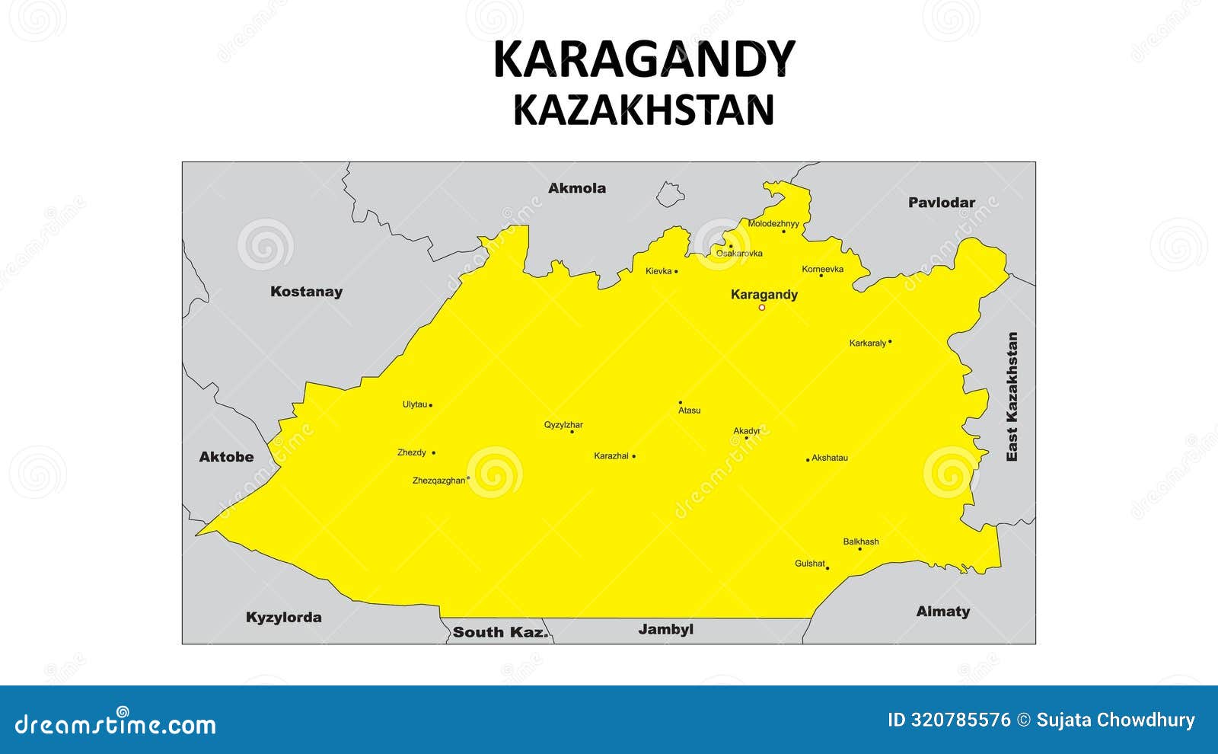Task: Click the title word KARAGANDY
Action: pos(644,59)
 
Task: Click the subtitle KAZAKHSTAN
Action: pos(644,110)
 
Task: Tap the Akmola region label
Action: pos(577,188)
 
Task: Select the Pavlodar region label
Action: pos(941,203)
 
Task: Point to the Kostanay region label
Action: pos(306,292)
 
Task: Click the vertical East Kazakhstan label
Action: pos(1012,396)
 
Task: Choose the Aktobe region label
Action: pos(226,457)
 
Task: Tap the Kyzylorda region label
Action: pos(283,618)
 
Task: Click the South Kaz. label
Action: pos(500,632)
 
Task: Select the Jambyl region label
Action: pos(665,629)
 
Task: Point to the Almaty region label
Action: pos(942,612)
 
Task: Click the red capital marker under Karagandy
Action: pos(761,308)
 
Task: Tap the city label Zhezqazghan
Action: pos(438,481)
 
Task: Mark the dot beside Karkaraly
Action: pos(890,342)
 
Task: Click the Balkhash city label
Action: pos(860,542)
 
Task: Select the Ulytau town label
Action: pos(415,404)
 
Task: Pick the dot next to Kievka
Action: pos(676,271)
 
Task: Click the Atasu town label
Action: pos(689,411)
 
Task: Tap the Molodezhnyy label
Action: pos(773,224)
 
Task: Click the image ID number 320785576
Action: pos(961,720)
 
